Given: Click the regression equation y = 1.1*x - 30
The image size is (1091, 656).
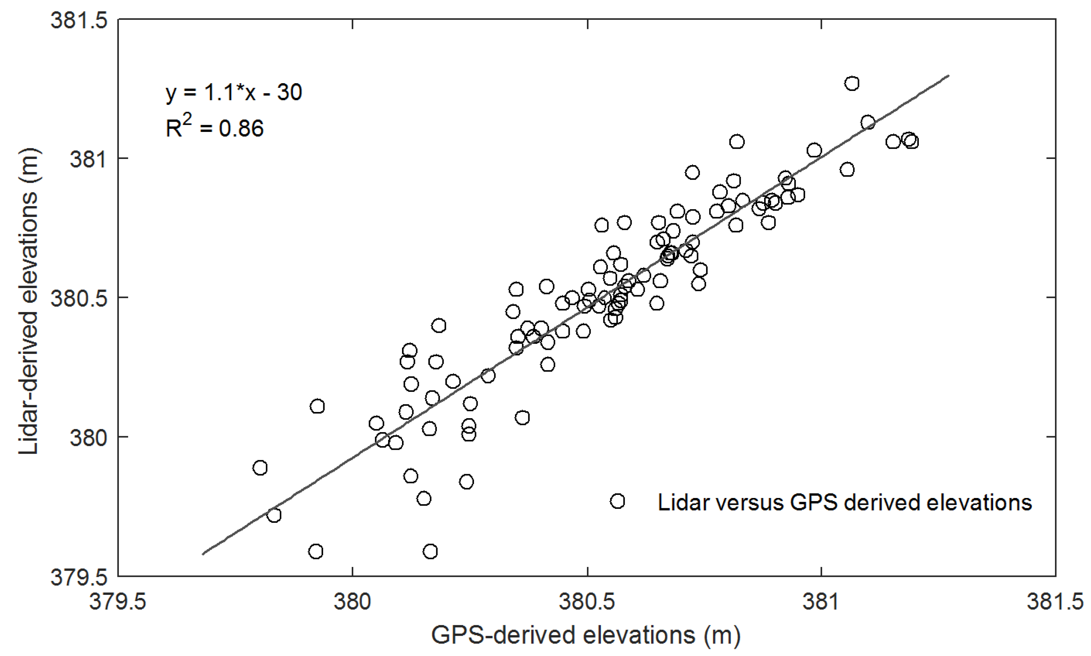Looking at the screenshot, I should [x=234, y=93].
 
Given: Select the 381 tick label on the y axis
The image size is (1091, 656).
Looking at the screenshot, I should [x=89, y=159].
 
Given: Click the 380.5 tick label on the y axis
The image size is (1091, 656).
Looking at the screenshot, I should [x=79, y=298].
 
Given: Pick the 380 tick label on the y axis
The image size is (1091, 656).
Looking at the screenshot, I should [x=89, y=437].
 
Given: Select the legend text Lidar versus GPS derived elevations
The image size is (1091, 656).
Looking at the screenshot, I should [x=844, y=502].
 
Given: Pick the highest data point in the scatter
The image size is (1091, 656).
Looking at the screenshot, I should [x=852, y=84].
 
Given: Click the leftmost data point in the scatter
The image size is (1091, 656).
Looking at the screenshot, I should [x=260, y=468].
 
